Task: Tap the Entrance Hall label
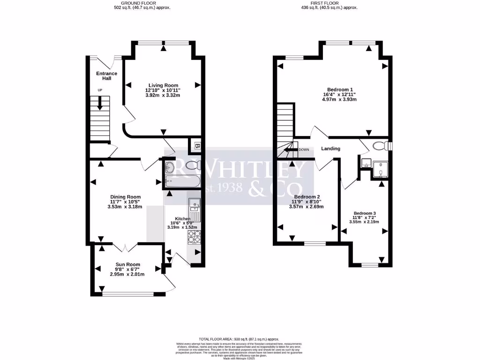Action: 107,75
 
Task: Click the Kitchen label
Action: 182,219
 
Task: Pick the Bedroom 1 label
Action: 340,90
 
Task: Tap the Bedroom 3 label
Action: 365,213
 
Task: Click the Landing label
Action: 330,149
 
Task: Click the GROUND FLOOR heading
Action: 142,3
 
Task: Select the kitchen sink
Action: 194,204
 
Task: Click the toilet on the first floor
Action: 380,146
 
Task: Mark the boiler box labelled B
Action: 197,146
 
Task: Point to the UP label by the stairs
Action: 100,90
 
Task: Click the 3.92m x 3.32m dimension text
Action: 163,95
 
